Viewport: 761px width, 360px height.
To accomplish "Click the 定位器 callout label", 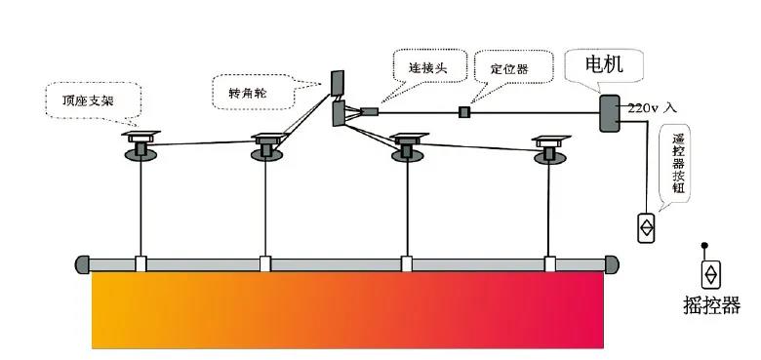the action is [x=508, y=70].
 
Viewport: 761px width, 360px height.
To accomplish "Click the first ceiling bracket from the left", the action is [x=142, y=143].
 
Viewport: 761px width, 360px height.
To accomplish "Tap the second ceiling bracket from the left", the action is [x=265, y=144].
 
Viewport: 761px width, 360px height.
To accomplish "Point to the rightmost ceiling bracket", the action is [x=549, y=148].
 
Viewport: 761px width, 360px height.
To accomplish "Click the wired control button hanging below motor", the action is [x=646, y=227].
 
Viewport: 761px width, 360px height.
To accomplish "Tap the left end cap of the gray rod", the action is [x=82, y=263].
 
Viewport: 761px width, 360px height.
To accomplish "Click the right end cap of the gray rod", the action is [x=612, y=263].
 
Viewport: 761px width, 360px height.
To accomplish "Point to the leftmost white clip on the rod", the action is [x=142, y=263].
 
